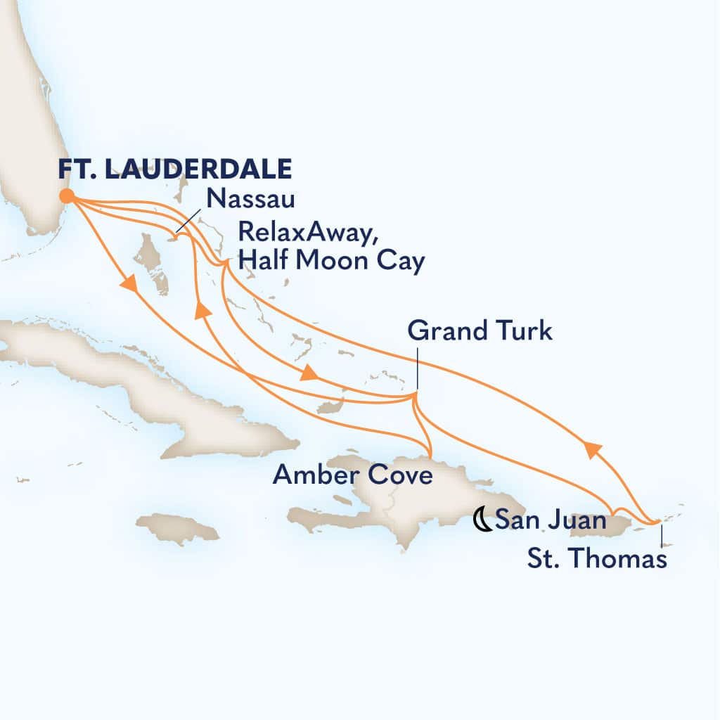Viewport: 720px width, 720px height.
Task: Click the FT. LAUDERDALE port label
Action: pyautogui.click(x=175, y=170)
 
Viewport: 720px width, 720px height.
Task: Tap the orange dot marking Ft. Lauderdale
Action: pyautogui.click(x=66, y=196)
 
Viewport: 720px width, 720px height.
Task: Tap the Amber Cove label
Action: pyautogui.click(x=352, y=475)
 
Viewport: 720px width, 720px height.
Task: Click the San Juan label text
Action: pyautogui.click(x=551, y=521)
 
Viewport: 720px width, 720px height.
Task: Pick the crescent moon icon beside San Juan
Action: pyautogui.click(x=482, y=521)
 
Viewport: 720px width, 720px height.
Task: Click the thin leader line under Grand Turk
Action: pyautogui.click(x=416, y=369)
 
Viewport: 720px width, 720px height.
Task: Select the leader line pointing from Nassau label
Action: pyautogui.click(x=190, y=222)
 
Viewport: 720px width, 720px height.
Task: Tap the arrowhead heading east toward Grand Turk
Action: pyautogui.click(x=308, y=375)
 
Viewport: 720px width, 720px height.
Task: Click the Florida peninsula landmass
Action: pyautogui.click(x=28, y=141)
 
